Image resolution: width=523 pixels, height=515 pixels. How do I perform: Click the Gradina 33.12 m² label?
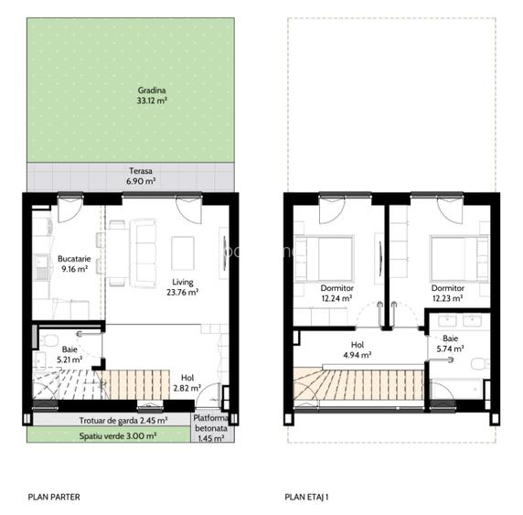pos(148,96)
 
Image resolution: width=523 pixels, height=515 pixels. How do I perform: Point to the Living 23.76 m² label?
pos(182,287)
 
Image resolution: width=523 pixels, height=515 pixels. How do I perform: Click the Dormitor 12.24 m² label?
pos(336,293)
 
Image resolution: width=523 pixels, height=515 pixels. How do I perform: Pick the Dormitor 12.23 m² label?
pos(447,293)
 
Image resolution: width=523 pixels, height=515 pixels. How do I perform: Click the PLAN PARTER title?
pos(54,498)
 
